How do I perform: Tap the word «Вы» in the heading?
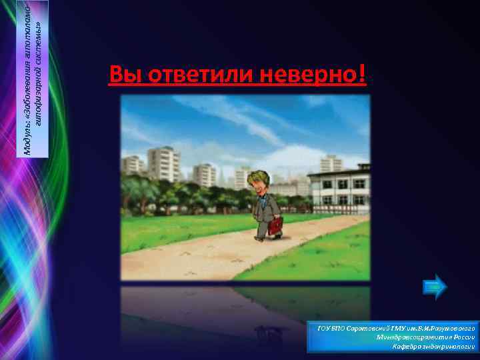(123, 76)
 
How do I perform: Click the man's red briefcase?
(276, 225)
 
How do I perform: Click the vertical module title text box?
(33, 79)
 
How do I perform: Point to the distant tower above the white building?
(331, 163)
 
